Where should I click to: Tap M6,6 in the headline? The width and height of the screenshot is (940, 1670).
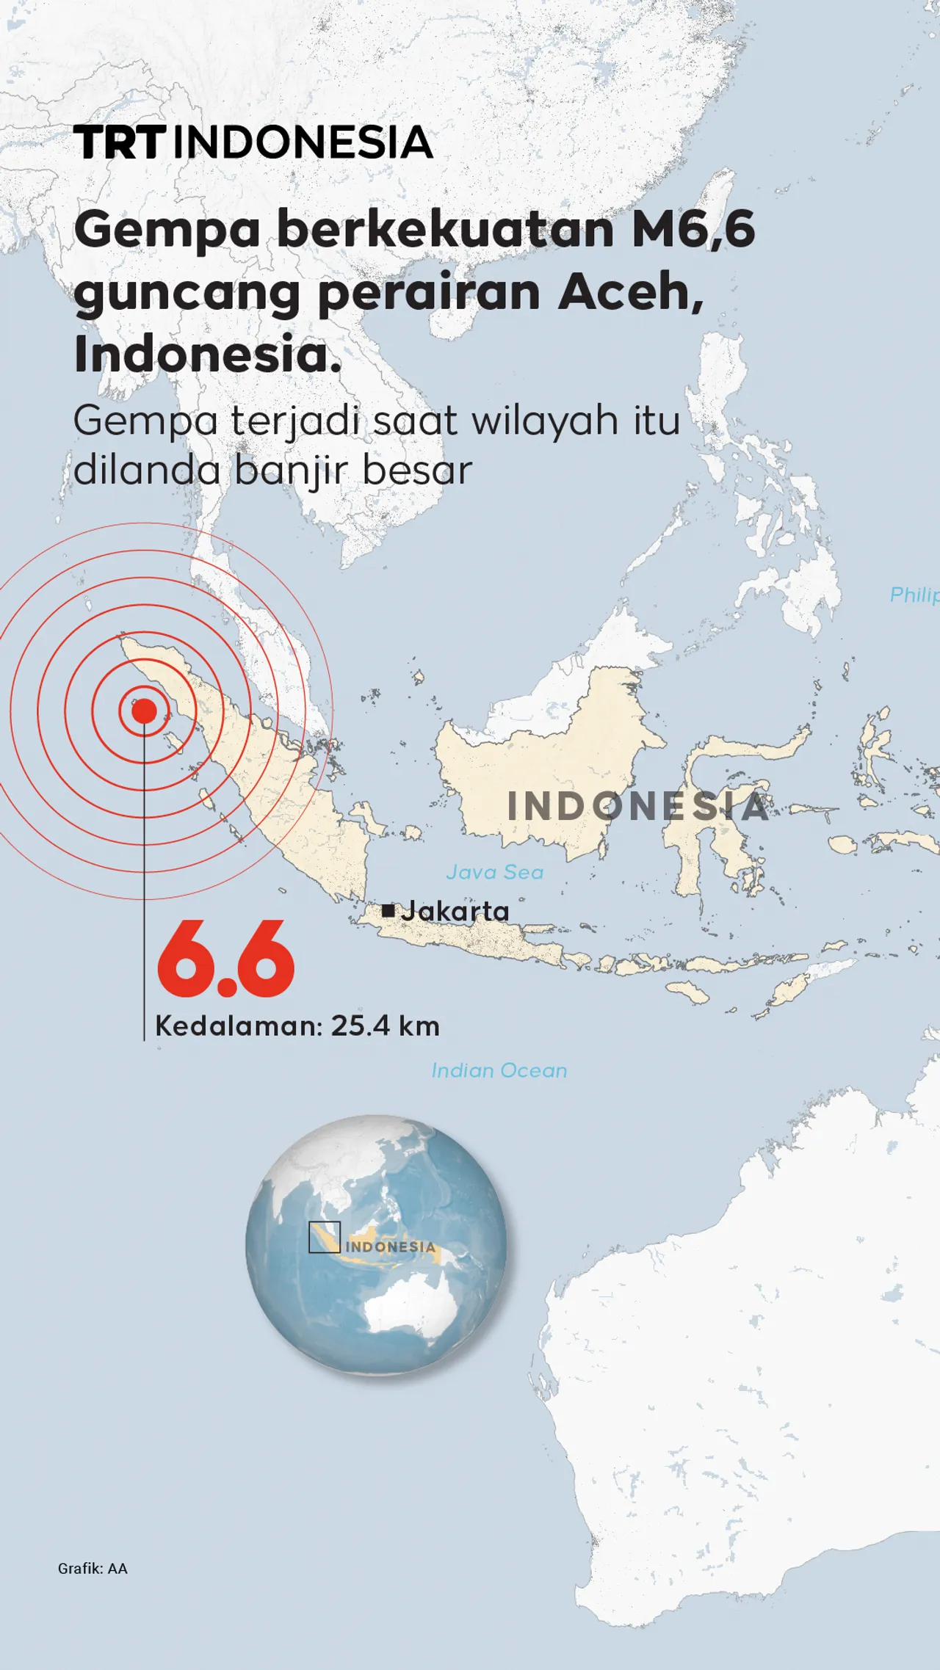(x=693, y=229)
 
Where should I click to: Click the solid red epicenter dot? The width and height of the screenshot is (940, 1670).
(x=144, y=711)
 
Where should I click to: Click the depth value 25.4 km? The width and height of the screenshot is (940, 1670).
(x=385, y=1025)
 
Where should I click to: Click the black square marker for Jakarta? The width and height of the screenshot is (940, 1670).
(x=388, y=911)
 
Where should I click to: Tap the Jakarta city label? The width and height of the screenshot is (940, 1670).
(x=455, y=911)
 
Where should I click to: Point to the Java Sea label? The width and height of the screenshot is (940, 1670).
(x=494, y=872)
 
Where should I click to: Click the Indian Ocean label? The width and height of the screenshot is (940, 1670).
(x=499, y=1070)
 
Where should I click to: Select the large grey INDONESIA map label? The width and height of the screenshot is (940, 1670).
(x=637, y=806)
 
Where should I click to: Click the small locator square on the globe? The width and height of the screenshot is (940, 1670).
(x=324, y=1237)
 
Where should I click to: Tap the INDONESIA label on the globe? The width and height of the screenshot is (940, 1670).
(x=390, y=1247)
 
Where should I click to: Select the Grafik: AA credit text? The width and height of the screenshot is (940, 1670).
(x=93, y=1569)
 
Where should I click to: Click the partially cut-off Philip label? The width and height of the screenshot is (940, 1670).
(x=914, y=595)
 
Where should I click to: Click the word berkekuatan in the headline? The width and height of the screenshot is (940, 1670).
(x=445, y=229)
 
